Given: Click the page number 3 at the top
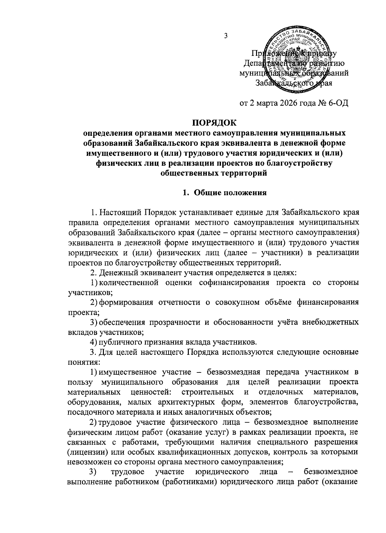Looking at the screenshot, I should pos(225,36).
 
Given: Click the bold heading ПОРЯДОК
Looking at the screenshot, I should pos(214,123).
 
